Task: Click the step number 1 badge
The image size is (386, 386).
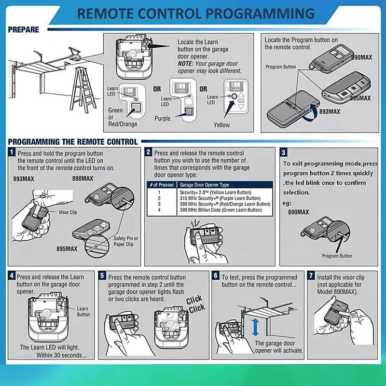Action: click(12, 152)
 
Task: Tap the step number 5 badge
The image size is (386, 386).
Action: click(102, 275)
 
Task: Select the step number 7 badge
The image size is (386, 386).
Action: click(311, 275)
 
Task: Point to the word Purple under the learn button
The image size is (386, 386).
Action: click(163, 118)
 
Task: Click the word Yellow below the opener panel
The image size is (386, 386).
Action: click(221, 125)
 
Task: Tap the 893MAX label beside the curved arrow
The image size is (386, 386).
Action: click(330, 111)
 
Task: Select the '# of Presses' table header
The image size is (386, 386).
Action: click(162, 185)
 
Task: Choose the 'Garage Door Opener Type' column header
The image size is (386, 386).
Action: click(204, 185)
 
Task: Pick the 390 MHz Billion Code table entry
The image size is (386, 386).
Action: click(221, 210)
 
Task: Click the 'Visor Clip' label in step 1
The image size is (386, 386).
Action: click(68, 212)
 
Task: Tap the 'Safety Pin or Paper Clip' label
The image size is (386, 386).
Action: click(126, 241)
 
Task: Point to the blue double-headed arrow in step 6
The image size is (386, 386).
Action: click(256, 328)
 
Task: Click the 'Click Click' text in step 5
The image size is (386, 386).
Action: click(195, 304)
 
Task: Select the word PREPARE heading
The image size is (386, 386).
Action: click(23, 29)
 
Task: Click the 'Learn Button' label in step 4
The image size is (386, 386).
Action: click(83, 311)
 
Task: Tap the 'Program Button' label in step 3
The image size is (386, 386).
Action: click(337, 256)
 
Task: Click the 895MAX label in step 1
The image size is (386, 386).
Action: click(67, 248)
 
